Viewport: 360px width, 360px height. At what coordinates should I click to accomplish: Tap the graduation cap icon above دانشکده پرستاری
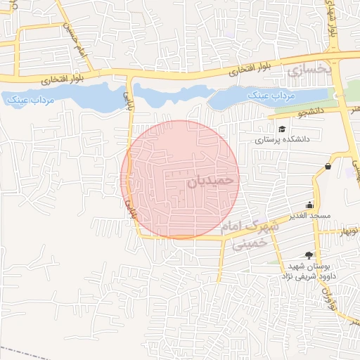coord(282,129)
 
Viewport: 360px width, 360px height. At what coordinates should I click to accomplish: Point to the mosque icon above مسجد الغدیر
coord(310,205)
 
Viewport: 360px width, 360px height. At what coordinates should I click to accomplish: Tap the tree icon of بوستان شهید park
coord(307,255)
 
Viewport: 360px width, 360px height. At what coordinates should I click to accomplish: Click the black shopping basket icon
coord(328,166)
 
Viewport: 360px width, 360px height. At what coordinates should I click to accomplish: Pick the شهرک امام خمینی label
coord(250,235)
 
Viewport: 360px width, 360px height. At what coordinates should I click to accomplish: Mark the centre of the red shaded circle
coord(181,179)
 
